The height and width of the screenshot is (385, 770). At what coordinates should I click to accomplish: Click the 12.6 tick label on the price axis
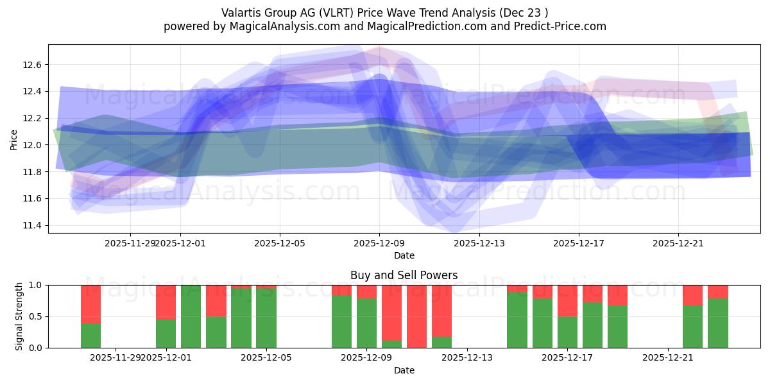point(31,65)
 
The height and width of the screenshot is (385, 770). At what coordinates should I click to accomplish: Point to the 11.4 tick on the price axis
point(31,226)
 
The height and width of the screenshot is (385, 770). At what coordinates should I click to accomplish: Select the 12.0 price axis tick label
point(31,145)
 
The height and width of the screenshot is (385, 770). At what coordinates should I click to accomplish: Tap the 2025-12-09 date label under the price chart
point(379,243)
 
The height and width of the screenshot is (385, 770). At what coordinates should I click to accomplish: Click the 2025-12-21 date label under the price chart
point(678,243)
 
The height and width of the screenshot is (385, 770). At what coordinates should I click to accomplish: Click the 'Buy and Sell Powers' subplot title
point(404,275)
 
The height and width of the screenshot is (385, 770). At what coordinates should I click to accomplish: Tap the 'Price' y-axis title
point(14,139)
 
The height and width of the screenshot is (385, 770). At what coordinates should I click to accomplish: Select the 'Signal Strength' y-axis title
point(19,316)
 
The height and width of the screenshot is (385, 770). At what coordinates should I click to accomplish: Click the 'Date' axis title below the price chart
point(404,255)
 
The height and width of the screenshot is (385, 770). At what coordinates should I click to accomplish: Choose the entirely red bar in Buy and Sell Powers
point(416,316)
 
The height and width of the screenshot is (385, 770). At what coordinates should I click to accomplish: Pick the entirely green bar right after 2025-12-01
point(191,316)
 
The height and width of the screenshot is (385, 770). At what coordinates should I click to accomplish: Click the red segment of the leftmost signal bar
point(90,304)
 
